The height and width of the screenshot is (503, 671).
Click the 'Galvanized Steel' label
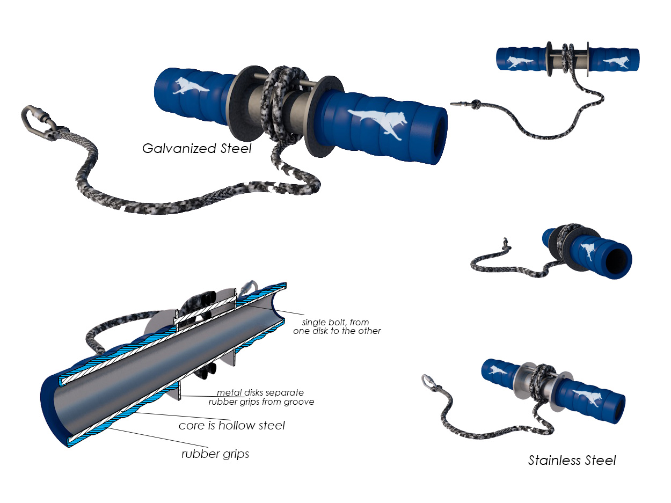196,149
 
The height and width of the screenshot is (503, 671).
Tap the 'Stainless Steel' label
572,460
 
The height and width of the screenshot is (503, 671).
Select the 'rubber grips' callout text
215,454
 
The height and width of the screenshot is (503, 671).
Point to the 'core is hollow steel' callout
231,425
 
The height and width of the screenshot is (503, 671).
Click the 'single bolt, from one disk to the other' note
337,326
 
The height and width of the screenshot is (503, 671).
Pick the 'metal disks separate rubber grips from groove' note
261,397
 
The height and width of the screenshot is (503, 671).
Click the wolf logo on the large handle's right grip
378,123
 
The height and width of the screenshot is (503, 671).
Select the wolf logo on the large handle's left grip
190,85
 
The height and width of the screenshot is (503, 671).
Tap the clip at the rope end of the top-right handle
460,105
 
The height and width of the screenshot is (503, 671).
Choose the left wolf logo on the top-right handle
519,62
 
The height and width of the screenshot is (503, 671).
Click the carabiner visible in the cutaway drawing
249,288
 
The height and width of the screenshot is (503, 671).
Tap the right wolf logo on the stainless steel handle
587,397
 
